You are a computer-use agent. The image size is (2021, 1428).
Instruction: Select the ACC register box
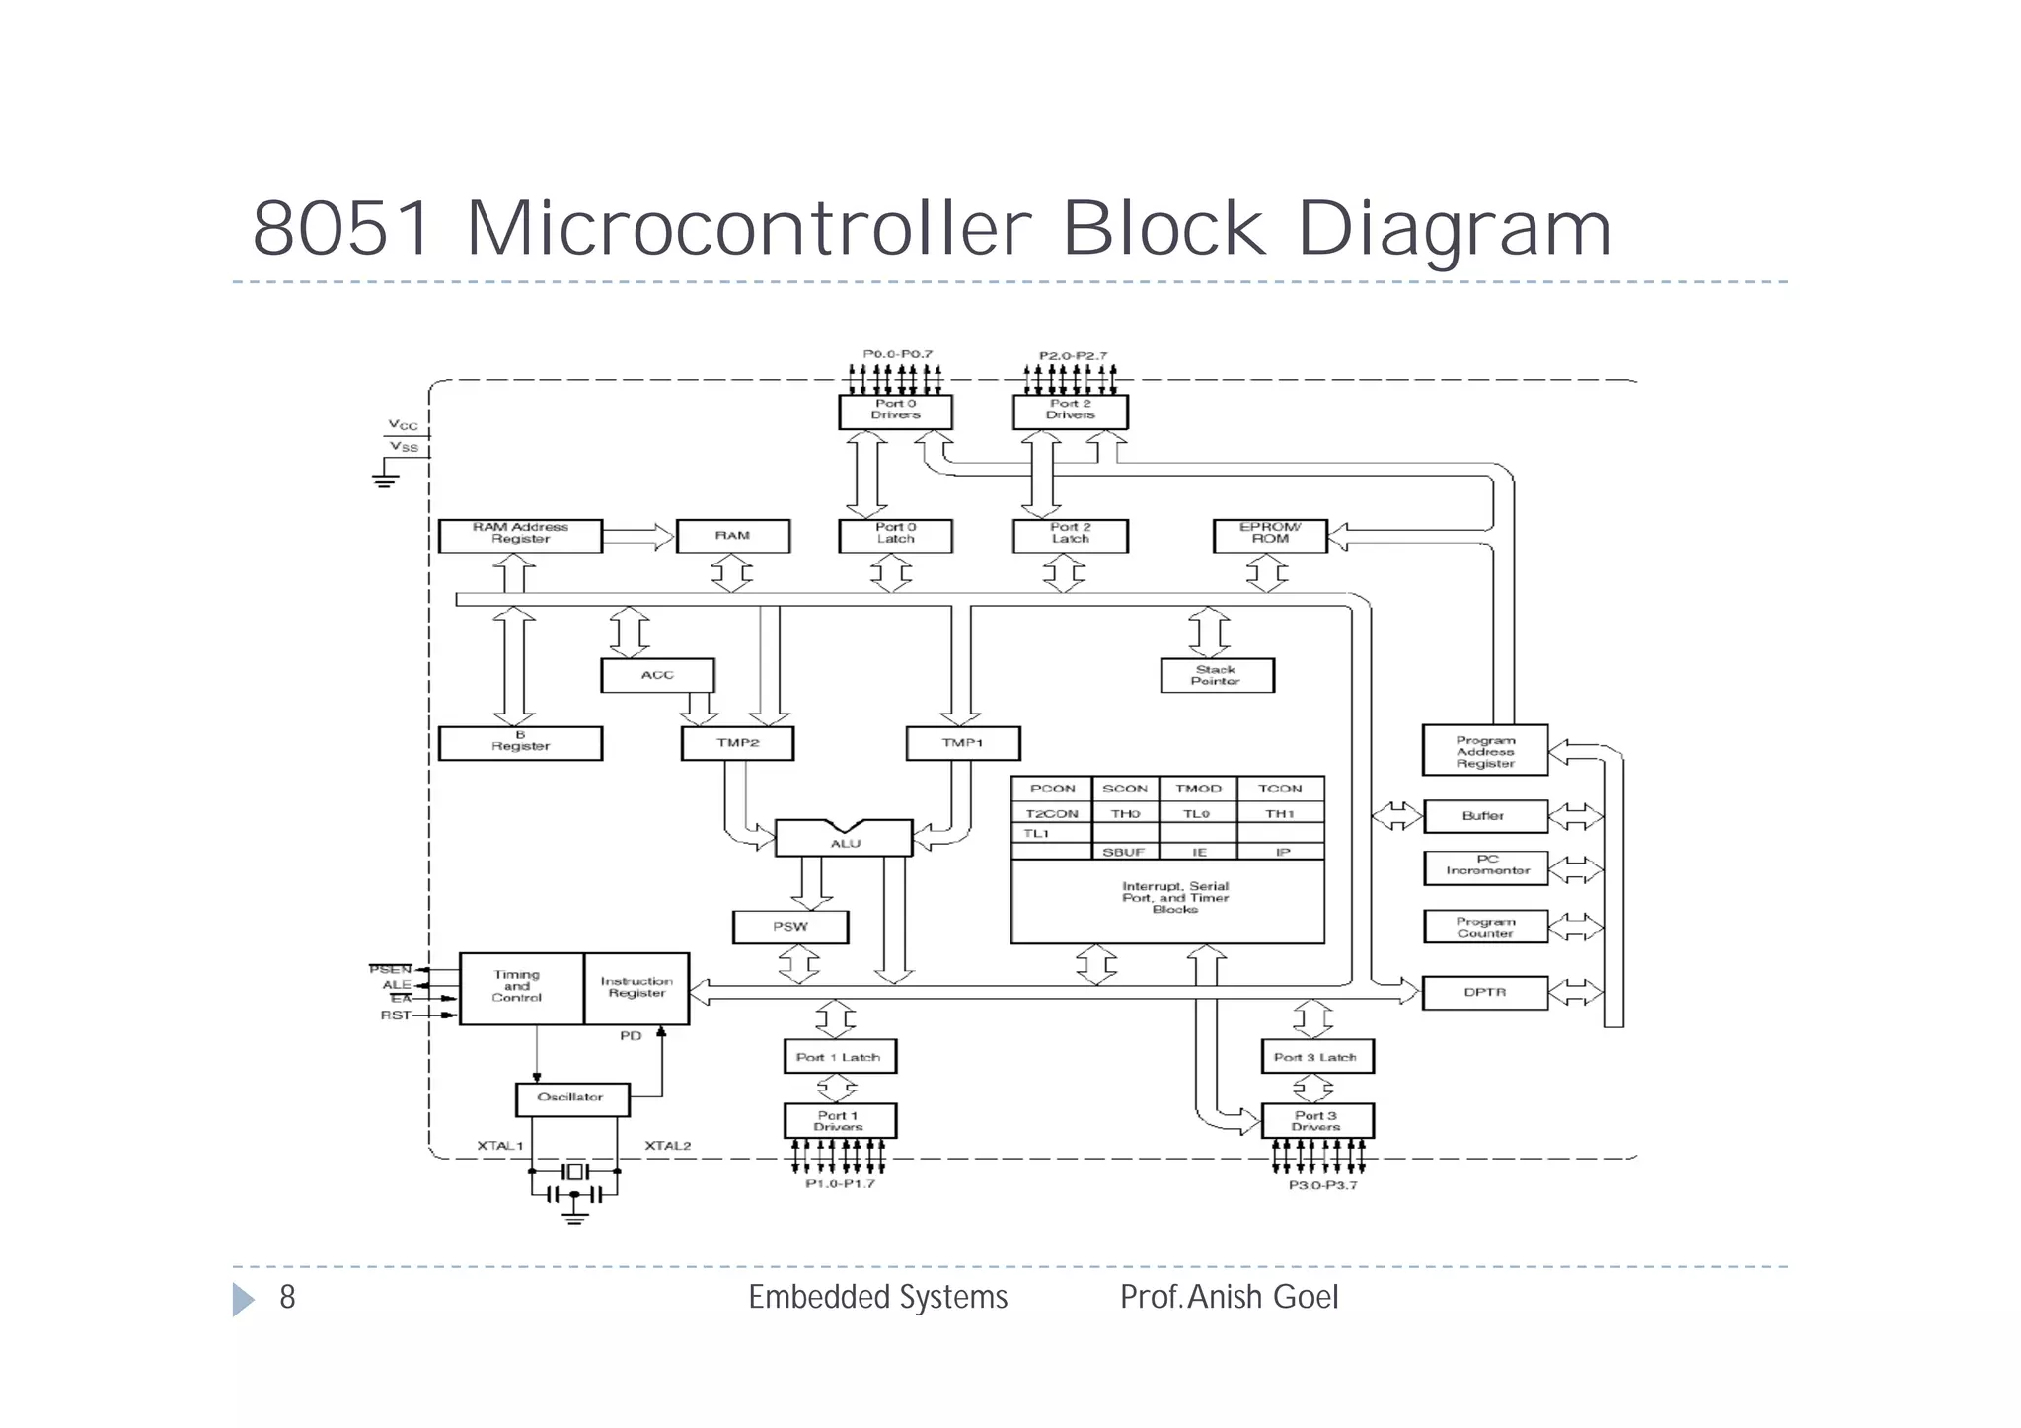coord(657,675)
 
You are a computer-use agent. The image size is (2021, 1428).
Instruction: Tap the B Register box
coord(520,743)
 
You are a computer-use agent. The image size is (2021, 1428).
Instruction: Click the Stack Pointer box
coord(1217,675)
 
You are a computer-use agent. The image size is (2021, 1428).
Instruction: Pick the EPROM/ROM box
coord(1269,535)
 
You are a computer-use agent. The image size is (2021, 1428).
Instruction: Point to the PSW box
coord(789,927)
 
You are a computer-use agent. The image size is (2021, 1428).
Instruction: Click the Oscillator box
coord(571,1098)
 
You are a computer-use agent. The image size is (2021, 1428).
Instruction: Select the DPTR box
coord(1484,993)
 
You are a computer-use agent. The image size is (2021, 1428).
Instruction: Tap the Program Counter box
coord(1484,927)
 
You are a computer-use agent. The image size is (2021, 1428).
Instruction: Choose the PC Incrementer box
coord(1485,866)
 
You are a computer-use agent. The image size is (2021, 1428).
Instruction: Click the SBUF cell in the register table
coord(1124,852)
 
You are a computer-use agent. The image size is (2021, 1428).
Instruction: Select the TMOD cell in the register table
coord(1198,789)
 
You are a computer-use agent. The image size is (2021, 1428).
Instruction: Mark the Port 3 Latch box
coord(1315,1057)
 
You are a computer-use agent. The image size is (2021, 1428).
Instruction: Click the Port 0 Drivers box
coord(895,411)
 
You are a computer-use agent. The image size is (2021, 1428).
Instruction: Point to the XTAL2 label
coord(668,1146)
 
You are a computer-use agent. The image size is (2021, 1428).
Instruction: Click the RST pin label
coord(395,1015)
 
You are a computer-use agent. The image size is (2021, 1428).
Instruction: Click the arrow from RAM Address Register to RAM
coord(637,537)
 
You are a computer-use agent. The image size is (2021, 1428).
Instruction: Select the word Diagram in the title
coord(1453,229)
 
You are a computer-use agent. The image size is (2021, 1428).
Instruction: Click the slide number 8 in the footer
coord(287,1297)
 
